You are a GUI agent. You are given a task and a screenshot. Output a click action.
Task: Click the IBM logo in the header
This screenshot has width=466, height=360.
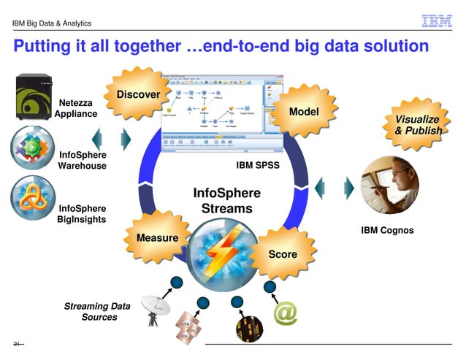[x=437, y=22]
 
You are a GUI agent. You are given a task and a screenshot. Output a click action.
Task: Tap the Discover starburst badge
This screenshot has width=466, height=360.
[x=139, y=94]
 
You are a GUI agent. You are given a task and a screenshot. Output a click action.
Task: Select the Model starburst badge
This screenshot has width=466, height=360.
[x=304, y=112]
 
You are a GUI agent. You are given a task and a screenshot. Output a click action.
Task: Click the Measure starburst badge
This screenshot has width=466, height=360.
[x=157, y=237]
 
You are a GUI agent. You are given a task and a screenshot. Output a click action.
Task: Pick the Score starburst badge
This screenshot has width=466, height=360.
[x=283, y=254]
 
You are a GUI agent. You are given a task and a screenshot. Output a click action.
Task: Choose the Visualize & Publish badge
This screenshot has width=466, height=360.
[x=417, y=125]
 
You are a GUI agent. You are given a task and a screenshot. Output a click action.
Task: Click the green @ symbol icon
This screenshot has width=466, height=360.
[x=285, y=313]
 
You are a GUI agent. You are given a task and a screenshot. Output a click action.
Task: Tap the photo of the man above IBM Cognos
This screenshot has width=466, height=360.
[x=387, y=183]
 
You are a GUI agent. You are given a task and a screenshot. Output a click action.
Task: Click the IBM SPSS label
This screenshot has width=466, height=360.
[x=258, y=165]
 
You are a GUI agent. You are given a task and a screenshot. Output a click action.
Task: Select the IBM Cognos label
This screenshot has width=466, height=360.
[x=387, y=230]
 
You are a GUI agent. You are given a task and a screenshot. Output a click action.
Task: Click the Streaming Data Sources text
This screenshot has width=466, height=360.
[x=92, y=312]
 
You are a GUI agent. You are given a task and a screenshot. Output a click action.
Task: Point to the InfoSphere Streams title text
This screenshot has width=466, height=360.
[x=226, y=201]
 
